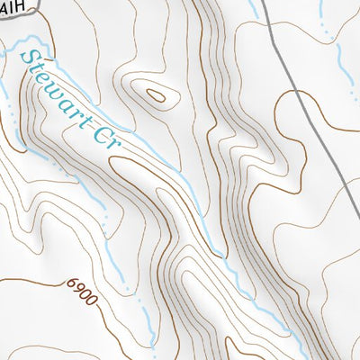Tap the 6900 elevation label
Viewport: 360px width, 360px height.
click(x=80, y=287)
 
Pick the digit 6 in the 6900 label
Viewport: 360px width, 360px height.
click(x=69, y=282)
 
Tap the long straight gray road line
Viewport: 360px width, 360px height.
click(x=310, y=108)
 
